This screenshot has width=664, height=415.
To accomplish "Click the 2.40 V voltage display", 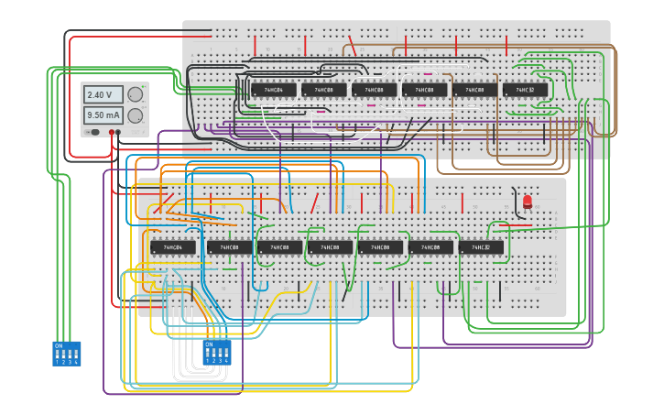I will [x=103, y=94].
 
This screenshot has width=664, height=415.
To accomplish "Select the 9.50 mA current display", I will [x=103, y=115].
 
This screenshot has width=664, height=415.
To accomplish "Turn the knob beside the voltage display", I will [x=136, y=94].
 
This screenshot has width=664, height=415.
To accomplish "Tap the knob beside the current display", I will [x=136, y=115].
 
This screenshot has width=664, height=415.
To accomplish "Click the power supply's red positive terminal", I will [x=112, y=132].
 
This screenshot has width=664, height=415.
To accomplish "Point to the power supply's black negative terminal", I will [x=119, y=132].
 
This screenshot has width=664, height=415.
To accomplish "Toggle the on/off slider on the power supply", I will [x=93, y=132].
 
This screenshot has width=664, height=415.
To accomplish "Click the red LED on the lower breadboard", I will [x=527, y=201].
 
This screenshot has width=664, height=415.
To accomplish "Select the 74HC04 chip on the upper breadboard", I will [x=274, y=90].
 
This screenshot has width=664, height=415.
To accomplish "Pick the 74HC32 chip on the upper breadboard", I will [x=525, y=90].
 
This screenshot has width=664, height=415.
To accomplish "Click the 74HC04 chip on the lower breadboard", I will [x=173, y=247].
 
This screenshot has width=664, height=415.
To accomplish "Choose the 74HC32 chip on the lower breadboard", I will [x=481, y=247].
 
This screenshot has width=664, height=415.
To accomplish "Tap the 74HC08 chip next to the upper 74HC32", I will [x=474, y=90].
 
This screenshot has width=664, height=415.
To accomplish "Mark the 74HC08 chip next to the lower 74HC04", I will [x=229, y=247].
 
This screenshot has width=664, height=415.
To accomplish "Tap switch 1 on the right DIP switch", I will [x=208, y=353].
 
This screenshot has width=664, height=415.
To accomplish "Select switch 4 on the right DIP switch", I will [x=226, y=353].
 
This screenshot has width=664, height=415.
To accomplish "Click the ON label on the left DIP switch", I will [x=59, y=345].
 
